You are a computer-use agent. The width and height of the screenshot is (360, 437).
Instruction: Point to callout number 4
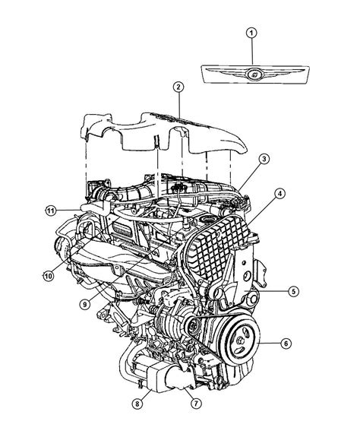point(280,195)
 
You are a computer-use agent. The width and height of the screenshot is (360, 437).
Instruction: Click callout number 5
point(293,290)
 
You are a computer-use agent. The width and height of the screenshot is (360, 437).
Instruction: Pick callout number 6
point(286,344)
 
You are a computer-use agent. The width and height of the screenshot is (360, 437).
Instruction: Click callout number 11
point(50,210)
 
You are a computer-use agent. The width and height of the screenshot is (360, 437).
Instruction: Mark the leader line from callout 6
point(266,344)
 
